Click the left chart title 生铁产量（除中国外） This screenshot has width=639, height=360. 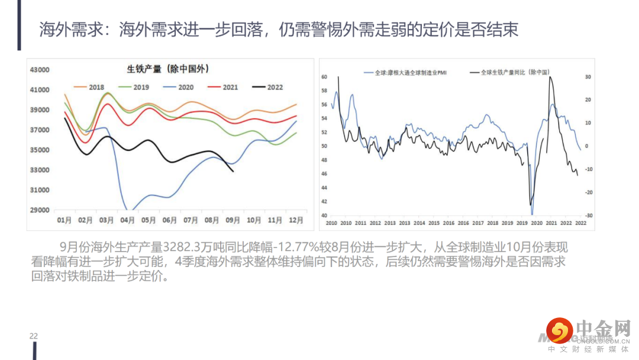(x=168, y=69)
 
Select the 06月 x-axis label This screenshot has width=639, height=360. (x=170, y=220)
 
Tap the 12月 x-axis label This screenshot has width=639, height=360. (x=296, y=220)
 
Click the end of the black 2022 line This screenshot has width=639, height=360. (x=233, y=172)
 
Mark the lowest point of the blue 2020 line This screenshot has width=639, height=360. (x=131, y=211)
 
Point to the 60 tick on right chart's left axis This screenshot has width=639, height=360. (x=324, y=77)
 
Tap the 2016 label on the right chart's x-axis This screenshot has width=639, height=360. (x=448, y=223)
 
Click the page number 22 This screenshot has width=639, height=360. (x=34, y=336)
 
